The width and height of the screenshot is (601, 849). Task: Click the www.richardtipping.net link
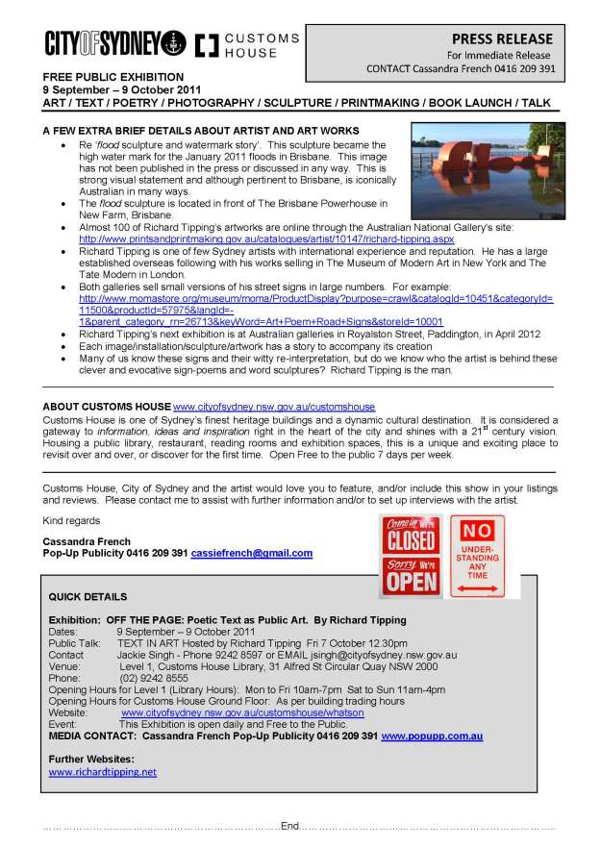(x=102, y=772)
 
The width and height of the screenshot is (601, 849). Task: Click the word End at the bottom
(x=290, y=825)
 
